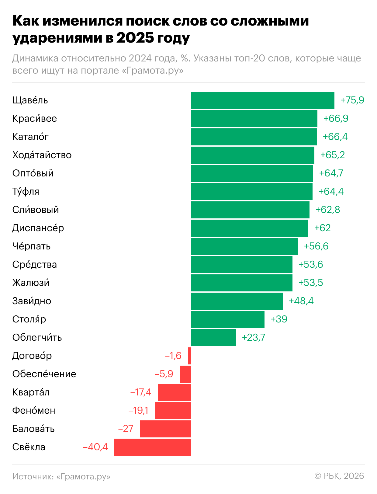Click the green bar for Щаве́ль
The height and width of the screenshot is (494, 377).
(x=262, y=100)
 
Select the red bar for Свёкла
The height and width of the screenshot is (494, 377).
(x=153, y=447)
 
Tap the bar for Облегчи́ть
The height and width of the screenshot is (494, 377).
(x=213, y=337)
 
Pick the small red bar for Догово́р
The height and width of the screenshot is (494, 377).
(x=189, y=356)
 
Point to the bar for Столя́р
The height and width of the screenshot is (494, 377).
(x=228, y=319)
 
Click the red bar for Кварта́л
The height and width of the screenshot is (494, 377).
(x=175, y=392)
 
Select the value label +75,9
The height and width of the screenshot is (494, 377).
(x=352, y=100)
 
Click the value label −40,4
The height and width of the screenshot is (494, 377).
(x=95, y=447)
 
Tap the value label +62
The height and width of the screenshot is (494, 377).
(x=322, y=228)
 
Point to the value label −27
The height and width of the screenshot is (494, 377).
(x=126, y=429)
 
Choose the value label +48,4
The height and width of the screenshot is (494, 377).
(x=301, y=301)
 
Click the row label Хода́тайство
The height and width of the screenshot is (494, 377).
(x=42, y=155)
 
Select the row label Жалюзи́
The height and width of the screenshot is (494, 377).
(x=31, y=283)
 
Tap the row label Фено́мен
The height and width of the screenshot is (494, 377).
(x=34, y=410)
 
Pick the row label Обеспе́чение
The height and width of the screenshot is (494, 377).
(x=44, y=374)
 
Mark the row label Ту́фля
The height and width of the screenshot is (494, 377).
(x=26, y=191)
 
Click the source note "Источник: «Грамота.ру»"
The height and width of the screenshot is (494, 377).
(x=61, y=476)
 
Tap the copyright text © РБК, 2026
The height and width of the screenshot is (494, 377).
(x=339, y=476)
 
